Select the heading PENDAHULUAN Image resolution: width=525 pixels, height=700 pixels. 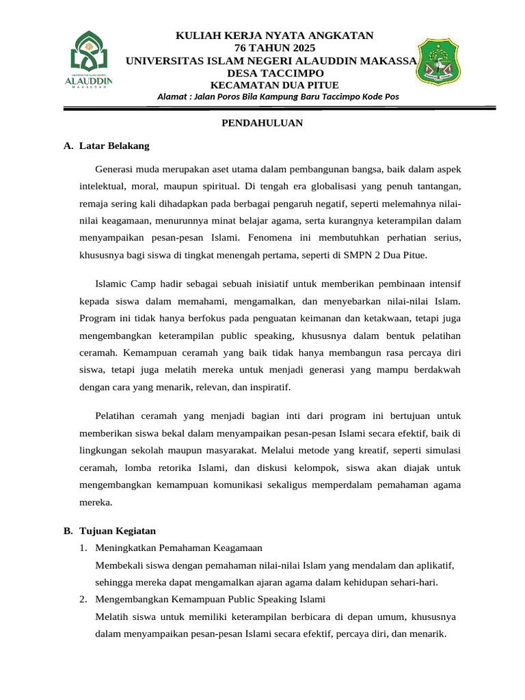click(x=262, y=123)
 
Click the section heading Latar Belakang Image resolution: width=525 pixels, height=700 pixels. click(x=114, y=146)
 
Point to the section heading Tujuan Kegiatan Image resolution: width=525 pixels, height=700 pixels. click(x=118, y=530)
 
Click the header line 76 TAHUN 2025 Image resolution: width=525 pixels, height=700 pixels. click(x=275, y=48)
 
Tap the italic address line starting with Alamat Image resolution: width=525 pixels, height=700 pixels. click(x=278, y=97)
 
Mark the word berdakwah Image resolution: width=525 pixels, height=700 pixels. click(x=438, y=369)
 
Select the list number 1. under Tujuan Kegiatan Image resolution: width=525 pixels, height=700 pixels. click(x=83, y=548)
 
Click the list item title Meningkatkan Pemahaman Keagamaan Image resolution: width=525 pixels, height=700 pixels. click(x=179, y=548)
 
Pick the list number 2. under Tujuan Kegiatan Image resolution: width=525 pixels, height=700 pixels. click(x=83, y=600)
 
